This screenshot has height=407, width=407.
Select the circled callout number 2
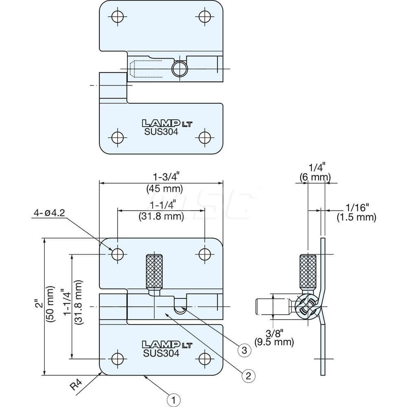[x=249, y=375]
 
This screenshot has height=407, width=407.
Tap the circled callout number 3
[x=243, y=350]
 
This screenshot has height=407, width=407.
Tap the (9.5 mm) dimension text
[x=274, y=342]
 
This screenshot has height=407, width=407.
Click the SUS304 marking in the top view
[x=161, y=131]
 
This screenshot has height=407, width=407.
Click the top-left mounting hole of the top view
[x=118, y=16]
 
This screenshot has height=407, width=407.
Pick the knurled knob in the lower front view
[x=155, y=270]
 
